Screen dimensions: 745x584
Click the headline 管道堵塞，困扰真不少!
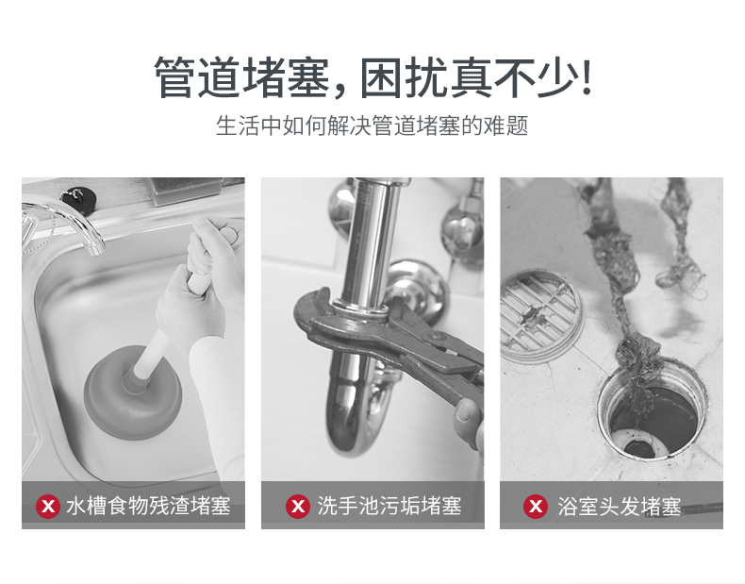pyautogui.click(x=372, y=77)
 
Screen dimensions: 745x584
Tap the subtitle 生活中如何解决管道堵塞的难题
pyautogui.click(x=372, y=125)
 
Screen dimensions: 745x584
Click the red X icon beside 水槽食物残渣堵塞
pyautogui.click(x=48, y=506)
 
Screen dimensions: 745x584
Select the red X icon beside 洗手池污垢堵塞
pyautogui.click(x=298, y=506)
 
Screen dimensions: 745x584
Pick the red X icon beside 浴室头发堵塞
pyautogui.click(x=536, y=506)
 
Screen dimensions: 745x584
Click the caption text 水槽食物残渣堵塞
pyautogui.click(x=148, y=506)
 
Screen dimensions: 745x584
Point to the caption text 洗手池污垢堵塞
pyautogui.click(x=389, y=506)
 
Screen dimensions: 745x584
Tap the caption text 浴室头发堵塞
pyautogui.click(x=620, y=507)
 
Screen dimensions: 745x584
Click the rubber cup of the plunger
pyautogui.click(x=133, y=393)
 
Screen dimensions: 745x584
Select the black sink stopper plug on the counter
pyautogui.click(x=77, y=199)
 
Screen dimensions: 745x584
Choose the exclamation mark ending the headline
pyautogui.click(x=587, y=77)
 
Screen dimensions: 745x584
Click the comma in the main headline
pyautogui.click(x=339, y=92)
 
